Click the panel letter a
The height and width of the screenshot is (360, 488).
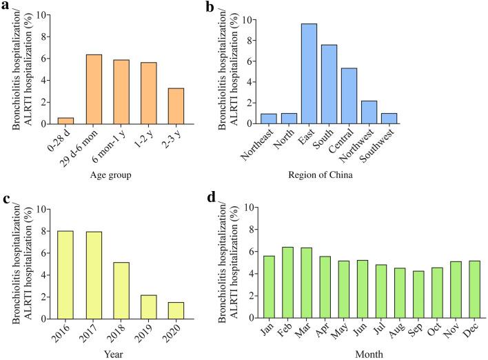pos(6,7)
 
